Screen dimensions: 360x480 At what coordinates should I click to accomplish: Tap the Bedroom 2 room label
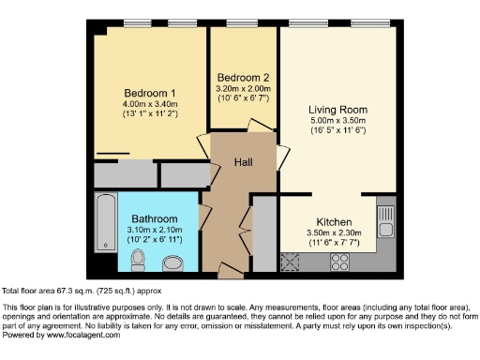click(243, 77)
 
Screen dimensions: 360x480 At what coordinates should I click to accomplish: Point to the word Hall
click(243, 162)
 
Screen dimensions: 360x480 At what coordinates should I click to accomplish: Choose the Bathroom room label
click(154, 218)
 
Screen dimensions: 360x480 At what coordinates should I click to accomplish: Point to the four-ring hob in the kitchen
click(338, 263)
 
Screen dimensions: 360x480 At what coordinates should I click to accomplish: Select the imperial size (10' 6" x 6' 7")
click(243, 97)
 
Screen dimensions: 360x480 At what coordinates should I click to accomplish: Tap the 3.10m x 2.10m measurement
click(154, 230)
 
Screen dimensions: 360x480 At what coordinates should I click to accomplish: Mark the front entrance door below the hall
click(228, 272)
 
